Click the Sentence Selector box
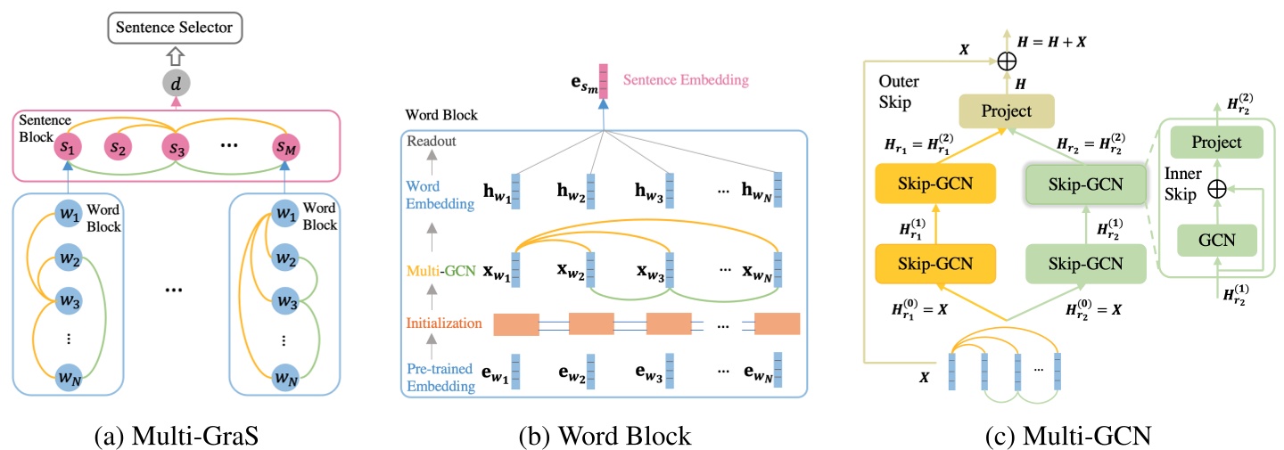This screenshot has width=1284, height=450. pos(176,29)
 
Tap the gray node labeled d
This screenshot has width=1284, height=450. pos(176,85)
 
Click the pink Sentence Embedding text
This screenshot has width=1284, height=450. pos(686,80)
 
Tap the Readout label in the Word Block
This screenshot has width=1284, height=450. pos(432,142)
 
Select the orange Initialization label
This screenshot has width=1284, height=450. pos(445,323)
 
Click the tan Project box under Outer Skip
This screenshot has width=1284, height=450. pos(1005,111)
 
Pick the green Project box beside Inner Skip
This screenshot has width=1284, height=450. pos(1216,143)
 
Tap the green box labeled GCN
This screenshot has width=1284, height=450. pos(1216,240)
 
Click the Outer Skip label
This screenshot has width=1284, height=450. pos(900,92)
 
